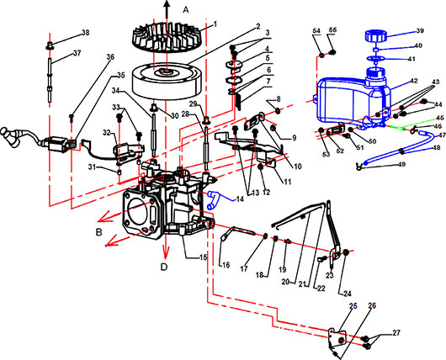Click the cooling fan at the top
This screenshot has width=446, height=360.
(167, 38)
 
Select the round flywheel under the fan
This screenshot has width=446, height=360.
(167, 81)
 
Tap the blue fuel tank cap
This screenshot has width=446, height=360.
(375, 35)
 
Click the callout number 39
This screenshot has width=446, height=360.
(419, 31)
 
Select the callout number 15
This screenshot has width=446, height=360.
(203, 257)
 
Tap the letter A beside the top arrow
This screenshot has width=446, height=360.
(186, 10)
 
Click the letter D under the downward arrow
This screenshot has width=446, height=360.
(164, 267)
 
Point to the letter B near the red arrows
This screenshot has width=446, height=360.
(98, 232)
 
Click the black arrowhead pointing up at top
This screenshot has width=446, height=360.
(167, 4)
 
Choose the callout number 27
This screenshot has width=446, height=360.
(396, 332)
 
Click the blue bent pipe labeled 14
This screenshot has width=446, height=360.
(213, 200)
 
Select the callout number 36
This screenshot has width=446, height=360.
(110, 57)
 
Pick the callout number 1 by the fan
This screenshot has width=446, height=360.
(215, 24)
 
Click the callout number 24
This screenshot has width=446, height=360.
(348, 294)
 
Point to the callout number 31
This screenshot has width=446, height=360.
(92, 167)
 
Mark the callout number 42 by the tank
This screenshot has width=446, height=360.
(414, 81)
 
